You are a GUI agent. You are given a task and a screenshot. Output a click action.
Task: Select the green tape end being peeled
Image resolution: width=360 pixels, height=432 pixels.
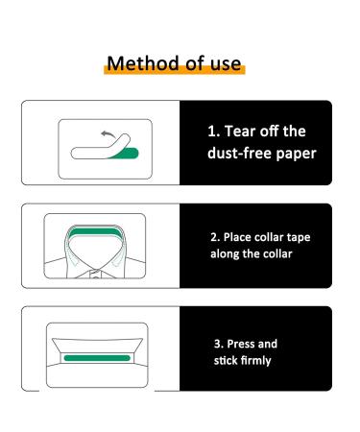(x=127, y=150)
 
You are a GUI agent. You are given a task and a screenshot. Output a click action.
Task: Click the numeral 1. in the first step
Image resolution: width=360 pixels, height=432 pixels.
(x=214, y=132)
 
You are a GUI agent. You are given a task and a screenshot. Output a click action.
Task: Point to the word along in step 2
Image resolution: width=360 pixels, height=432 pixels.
(x=227, y=254)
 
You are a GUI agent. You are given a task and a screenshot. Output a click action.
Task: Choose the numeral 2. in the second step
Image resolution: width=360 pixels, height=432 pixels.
(x=215, y=237)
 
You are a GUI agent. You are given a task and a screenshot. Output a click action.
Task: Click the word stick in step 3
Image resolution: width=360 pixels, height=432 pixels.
(x=225, y=361)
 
